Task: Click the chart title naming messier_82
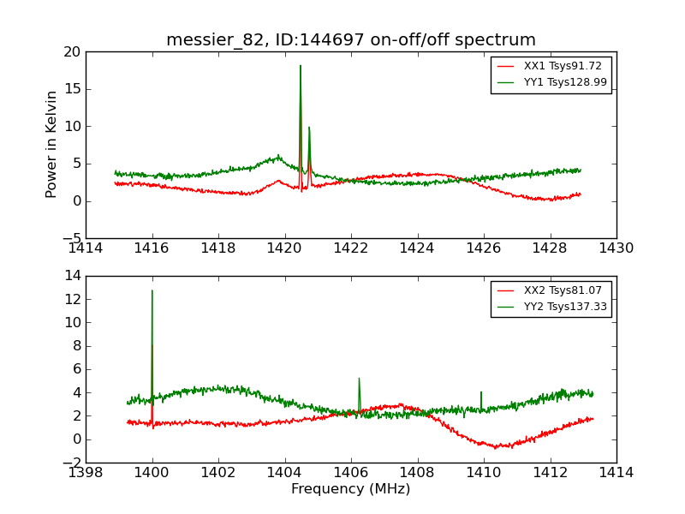click(x=351, y=40)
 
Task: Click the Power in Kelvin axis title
click(x=52, y=144)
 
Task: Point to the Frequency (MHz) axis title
click(x=351, y=489)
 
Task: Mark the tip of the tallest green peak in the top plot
click(x=301, y=66)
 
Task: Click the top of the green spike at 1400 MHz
click(x=152, y=290)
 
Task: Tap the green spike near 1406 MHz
click(x=359, y=379)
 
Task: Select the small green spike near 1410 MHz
click(x=481, y=392)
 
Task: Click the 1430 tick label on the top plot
click(x=616, y=248)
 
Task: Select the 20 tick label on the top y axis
click(x=71, y=52)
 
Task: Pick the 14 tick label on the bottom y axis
click(x=71, y=276)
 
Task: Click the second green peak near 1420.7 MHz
click(x=309, y=128)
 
